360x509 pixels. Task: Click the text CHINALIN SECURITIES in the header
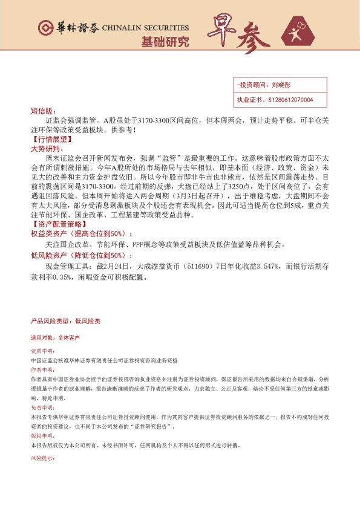[x=146, y=28]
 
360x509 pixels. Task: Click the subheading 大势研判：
[x=46, y=148]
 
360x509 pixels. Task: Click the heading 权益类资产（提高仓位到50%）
[x=80, y=233]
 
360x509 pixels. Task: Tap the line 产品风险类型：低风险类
[x=65, y=321]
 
